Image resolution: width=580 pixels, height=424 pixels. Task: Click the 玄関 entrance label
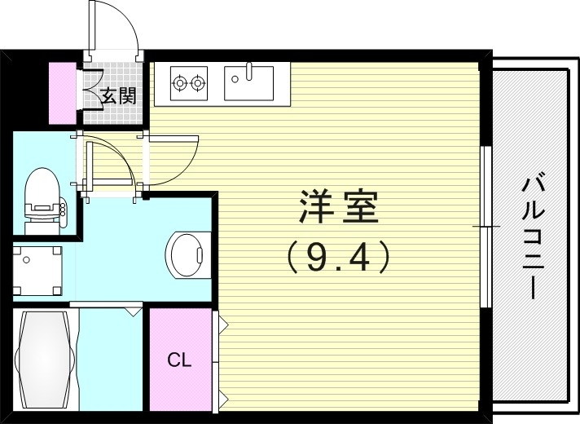[x=118, y=95]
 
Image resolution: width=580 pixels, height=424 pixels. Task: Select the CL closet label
[x=179, y=360]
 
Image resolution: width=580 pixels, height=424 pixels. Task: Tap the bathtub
[x=45, y=362]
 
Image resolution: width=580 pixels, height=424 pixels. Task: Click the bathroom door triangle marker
[x=133, y=311]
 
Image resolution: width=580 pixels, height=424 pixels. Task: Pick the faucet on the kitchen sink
[x=248, y=70]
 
